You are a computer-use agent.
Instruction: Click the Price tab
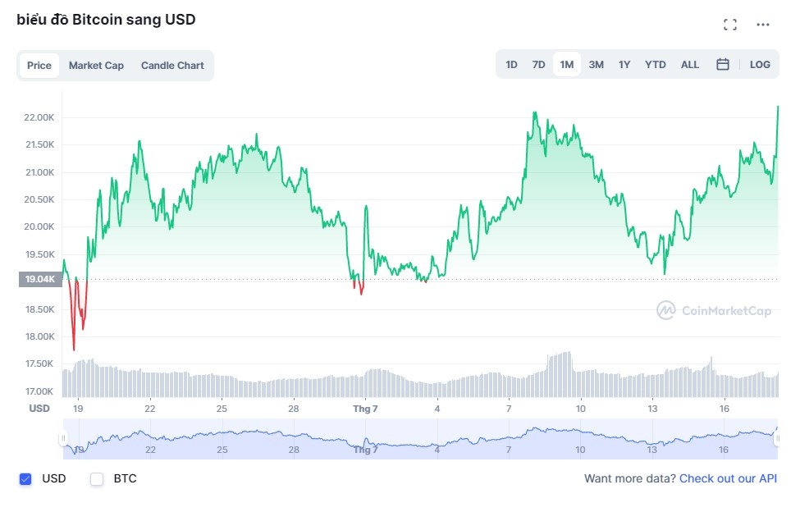coord(39,66)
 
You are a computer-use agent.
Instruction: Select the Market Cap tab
coord(96,66)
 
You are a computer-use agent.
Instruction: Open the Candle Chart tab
coord(172,66)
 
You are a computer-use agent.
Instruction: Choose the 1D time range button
coord(511,64)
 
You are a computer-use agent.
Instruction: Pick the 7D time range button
coord(538,64)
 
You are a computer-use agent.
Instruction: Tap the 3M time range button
coord(597,64)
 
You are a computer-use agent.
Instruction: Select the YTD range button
coord(656,64)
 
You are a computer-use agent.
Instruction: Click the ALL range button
coord(690,64)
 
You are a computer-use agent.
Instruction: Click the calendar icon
coord(723,64)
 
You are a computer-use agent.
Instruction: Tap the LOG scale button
coord(760,64)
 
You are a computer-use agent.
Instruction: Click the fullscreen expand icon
coord(730,25)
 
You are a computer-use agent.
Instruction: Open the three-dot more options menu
coord(763,25)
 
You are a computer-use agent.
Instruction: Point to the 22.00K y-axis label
coord(39,117)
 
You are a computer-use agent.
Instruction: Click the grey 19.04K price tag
coord(40,280)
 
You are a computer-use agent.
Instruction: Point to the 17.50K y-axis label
coord(39,363)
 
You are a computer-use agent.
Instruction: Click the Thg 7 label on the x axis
coord(365,408)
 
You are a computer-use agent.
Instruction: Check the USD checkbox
coord(25,478)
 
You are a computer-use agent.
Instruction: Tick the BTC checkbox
coord(97,478)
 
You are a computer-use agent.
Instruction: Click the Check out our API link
coord(728,478)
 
